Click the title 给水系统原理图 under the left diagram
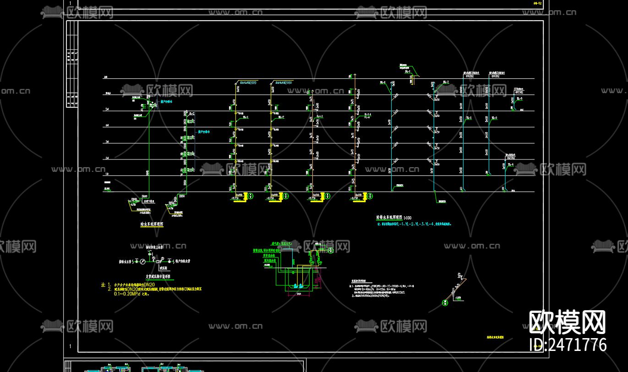point(152,224)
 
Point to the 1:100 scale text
point(407,217)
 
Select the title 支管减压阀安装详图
point(158,277)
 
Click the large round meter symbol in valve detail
point(142,261)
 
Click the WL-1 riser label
point(246,117)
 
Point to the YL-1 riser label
point(469,118)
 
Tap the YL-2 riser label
point(494,118)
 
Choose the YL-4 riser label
point(509,165)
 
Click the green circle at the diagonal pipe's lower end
point(444,302)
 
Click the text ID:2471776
point(568,345)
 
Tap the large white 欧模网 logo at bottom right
point(568,322)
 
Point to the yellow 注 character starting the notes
point(103,285)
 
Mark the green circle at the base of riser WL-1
point(251,196)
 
